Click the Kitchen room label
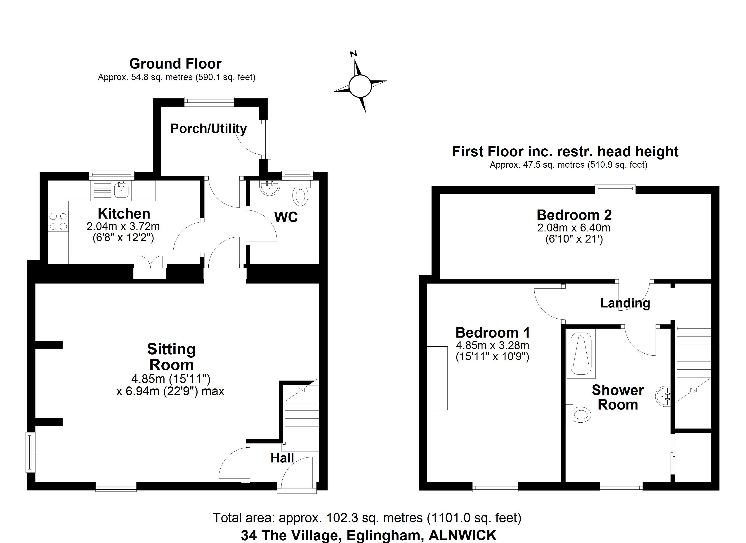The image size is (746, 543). click(124, 214)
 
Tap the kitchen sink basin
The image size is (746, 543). click(122, 190)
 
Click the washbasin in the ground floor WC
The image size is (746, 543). click(270, 188)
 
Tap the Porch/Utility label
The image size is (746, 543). click(208, 129)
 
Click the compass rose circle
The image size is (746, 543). click(360, 86)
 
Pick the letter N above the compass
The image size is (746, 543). click(354, 54)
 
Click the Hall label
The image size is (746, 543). click(282, 458)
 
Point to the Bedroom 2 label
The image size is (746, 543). click(574, 215)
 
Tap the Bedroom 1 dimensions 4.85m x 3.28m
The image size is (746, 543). click(492, 345)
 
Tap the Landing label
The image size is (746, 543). click(625, 303)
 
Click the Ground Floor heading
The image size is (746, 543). click(175, 64)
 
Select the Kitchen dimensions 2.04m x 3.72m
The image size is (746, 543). click(123, 226)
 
